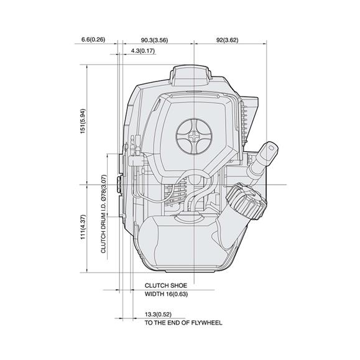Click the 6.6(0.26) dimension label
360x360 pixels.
pyautogui.click(x=93, y=39)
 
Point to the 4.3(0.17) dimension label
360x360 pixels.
pyautogui.click(x=144, y=51)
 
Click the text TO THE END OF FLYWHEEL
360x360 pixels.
pyautogui.click(x=183, y=323)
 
